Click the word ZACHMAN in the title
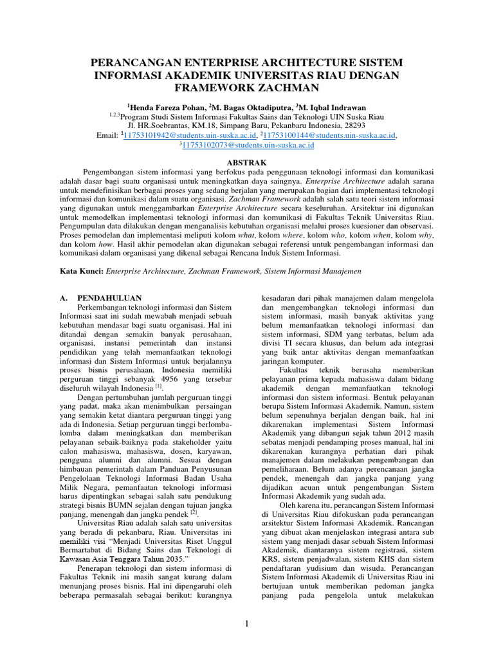coord(282,88)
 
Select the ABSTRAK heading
coord(247,164)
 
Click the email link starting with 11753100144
coord(334,136)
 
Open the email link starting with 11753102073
coord(248,146)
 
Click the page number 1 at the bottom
coord(247,622)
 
